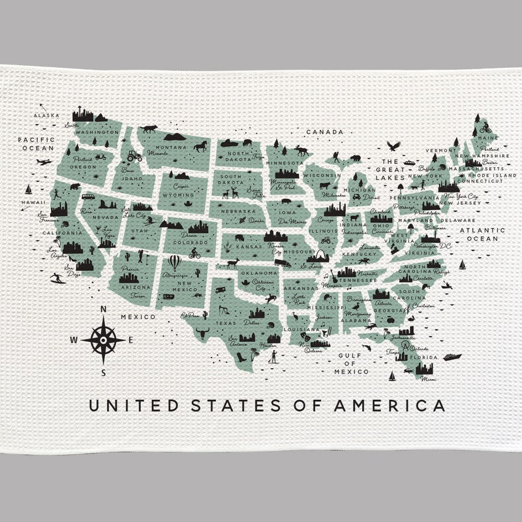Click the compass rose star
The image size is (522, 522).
[x=104, y=339]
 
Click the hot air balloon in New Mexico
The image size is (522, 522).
[x=175, y=262]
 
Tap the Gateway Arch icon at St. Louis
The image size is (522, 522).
[x=324, y=256]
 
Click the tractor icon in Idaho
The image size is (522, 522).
[x=134, y=157]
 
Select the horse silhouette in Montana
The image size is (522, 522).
[x=200, y=146]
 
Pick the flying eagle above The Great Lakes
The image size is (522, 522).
[x=392, y=146]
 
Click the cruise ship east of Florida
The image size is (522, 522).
[x=452, y=357]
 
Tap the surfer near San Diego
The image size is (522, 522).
[x=57, y=278]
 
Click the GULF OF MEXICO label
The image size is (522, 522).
[x=351, y=363]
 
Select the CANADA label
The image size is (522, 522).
[x=324, y=132]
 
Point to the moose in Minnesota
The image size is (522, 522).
[x=301, y=150]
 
